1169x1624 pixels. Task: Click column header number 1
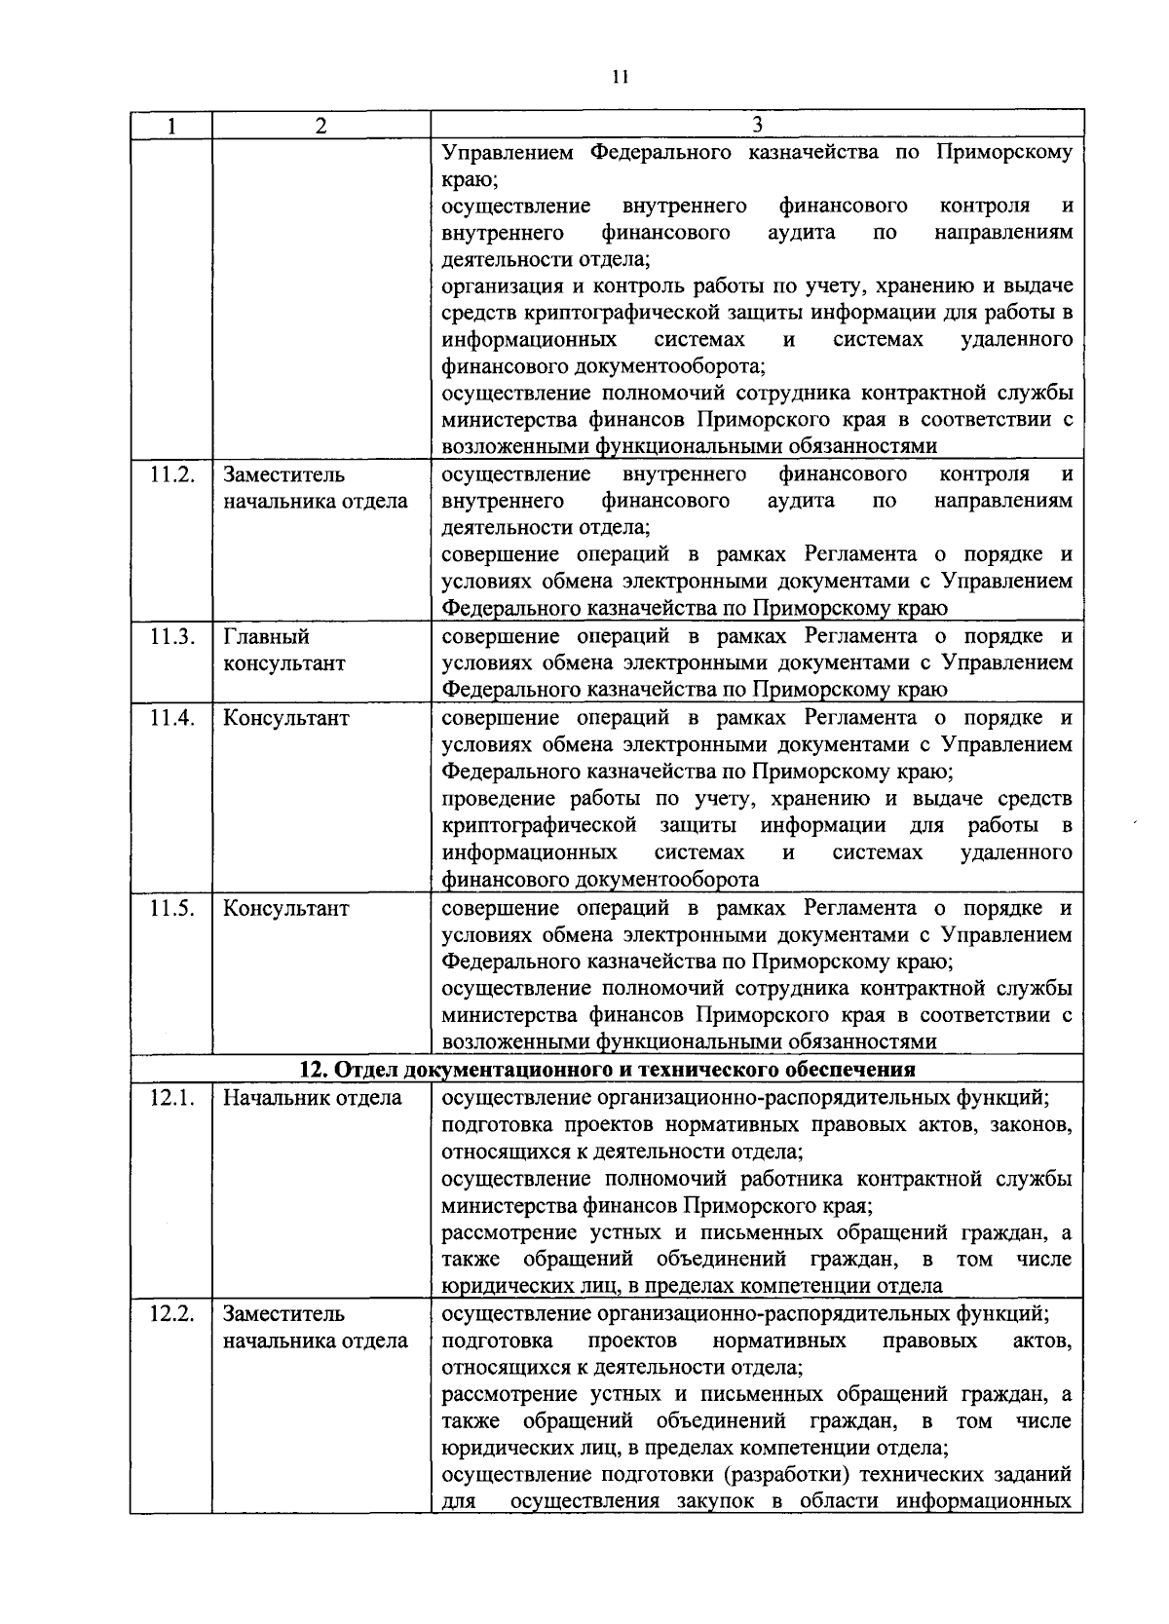171,126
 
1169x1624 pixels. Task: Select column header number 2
321,126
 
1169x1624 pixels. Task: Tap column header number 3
757,126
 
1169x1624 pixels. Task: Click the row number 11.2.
172,474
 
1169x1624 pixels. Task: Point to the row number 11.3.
172,637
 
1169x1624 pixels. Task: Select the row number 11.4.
172,718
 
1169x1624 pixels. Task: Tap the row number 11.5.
172,908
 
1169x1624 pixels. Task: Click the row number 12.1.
172,1098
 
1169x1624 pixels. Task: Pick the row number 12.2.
172,1314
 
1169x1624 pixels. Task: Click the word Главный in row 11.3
267,637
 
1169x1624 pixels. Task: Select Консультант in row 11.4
286,718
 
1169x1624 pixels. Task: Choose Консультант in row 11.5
286,908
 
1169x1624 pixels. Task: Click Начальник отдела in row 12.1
312,1098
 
